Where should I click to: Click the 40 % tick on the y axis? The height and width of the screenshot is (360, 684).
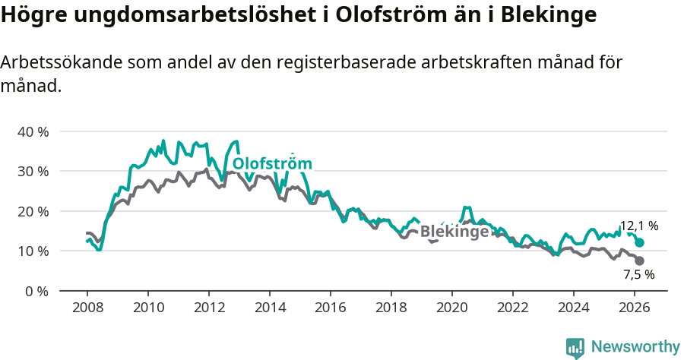[x=33, y=131]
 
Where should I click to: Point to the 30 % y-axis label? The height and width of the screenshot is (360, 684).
[x=33, y=171]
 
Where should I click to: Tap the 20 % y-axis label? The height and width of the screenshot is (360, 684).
[x=33, y=211]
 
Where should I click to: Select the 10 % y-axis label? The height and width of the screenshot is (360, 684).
[x=33, y=251]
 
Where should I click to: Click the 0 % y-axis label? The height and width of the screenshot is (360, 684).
[x=36, y=291]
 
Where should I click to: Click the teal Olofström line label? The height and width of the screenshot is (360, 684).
[x=272, y=164]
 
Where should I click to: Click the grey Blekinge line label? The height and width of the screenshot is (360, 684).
[x=454, y=232]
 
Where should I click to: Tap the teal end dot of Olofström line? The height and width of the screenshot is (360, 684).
[x=640, y=242]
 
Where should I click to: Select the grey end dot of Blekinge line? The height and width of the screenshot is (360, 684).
[x=640, y=261]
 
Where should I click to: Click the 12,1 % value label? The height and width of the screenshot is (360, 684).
[x=639, y=226]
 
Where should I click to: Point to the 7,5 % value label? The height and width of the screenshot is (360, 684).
[x=638, y=275]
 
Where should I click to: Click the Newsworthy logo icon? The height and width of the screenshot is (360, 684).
[x=575, y=347]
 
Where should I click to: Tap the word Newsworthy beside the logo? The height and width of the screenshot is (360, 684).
[x=635, y=346]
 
